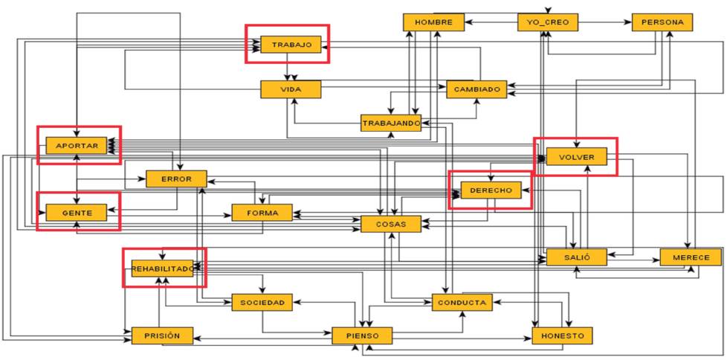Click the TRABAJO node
click(x=291, y=45)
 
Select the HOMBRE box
click(x=433, y=22)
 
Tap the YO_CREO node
click(x=548, y=22)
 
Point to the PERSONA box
click(x=662, y=22)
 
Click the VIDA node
click(x=290, y=89)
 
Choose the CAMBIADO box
click(x=476, y=89)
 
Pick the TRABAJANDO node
click(x=391, y=123)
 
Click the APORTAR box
click(x=77, y=146)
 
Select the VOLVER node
click(x=576, y=157)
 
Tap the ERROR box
click(x=176, y=179)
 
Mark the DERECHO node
click(x=491, y=191)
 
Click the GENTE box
click(x=77, y=213)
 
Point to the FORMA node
click(x=262, y=213)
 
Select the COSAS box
click(x=390, y=223)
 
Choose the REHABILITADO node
click(x=163, y=268)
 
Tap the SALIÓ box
click(x=576, y=257)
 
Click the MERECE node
click(x=691, y=257)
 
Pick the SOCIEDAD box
click(x=262, y=302)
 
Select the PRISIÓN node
click(x=162, y=336)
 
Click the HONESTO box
click(x=563, y=336)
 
